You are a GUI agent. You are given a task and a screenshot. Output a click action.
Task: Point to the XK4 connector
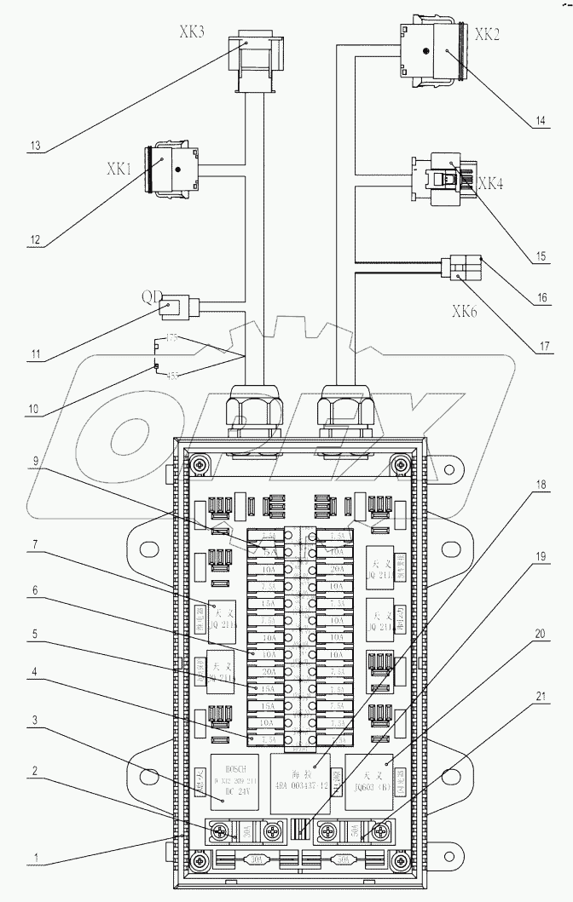442,180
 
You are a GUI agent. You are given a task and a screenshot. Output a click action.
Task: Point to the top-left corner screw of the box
198,464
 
